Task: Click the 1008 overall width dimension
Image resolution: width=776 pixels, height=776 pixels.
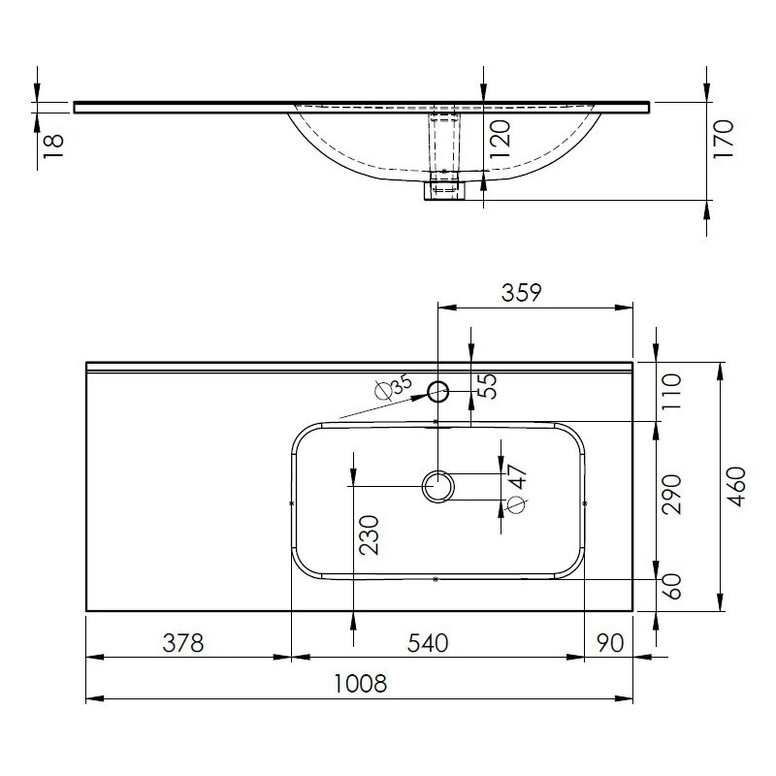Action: (x=360, y=684)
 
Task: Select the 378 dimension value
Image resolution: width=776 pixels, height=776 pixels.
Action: (x=183, y=643)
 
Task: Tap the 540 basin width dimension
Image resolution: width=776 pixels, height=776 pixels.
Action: (x=428, y=643)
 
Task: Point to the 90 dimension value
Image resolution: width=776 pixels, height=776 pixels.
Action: (x=610, y=643)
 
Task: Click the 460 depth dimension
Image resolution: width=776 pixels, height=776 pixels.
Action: (x=737, y=487)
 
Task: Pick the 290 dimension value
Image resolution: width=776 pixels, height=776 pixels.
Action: (x=671, y=495)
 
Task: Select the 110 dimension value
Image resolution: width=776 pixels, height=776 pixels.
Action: (x=671, y=391)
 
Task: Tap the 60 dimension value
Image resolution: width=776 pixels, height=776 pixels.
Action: (x=671, y=587)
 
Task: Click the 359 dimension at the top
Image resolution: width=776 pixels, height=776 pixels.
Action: (x=522, y=293)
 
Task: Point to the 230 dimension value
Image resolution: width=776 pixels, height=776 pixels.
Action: (x=370, y=535)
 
